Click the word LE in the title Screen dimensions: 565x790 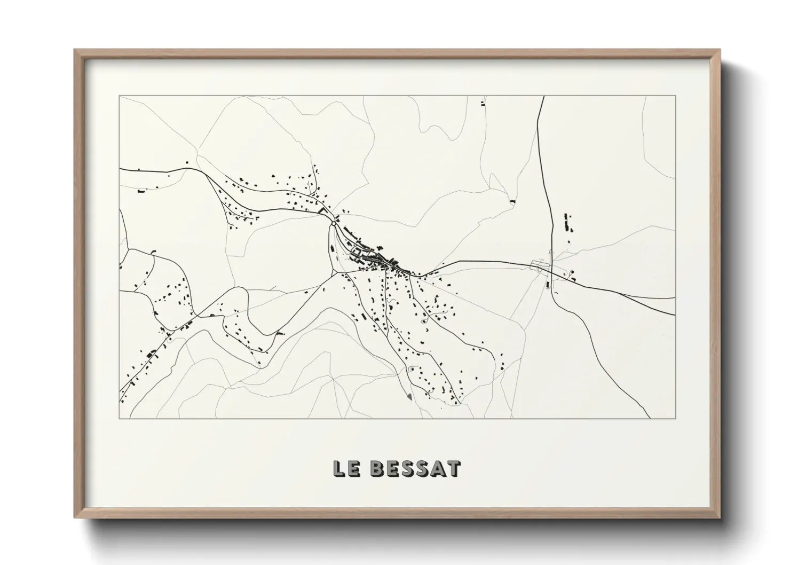(347, 468)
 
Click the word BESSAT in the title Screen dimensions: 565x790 (415, 468)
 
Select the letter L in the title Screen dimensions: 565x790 (339, 468)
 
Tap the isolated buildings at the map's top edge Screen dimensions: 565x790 (483, 103)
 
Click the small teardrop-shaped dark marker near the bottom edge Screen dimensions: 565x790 (409, 397)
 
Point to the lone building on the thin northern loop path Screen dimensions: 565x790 (513, 202)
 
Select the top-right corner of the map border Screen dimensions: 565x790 (675, 96)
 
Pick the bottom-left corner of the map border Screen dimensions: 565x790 (119, 418)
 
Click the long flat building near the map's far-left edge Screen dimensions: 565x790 (141, 190)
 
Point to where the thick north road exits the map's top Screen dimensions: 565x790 (543, 97)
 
